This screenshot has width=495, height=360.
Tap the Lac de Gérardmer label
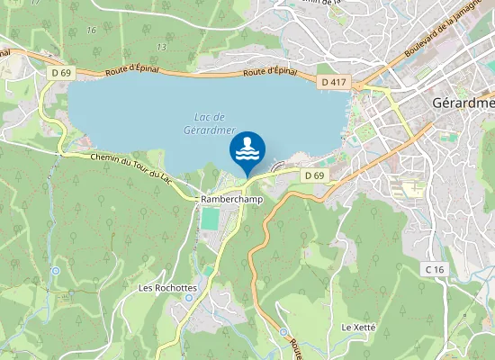210,121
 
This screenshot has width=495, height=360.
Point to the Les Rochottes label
167,288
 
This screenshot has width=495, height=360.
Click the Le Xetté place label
358,328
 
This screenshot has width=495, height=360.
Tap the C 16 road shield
436,269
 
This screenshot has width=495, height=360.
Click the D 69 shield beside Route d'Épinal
61,71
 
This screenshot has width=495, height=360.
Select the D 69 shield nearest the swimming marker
313,175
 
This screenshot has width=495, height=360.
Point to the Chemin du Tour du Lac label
130,164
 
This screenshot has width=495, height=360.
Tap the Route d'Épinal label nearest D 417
271,73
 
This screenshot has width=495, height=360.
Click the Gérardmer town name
463,101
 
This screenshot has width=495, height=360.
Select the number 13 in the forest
161,47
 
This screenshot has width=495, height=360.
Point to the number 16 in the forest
90,30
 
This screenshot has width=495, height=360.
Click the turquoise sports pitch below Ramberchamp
210,219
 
